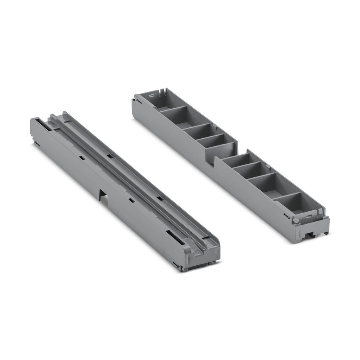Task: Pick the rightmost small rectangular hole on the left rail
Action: pos(160,198)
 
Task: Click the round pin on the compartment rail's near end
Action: pos(295,219)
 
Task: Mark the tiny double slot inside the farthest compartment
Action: pos(151,95)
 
